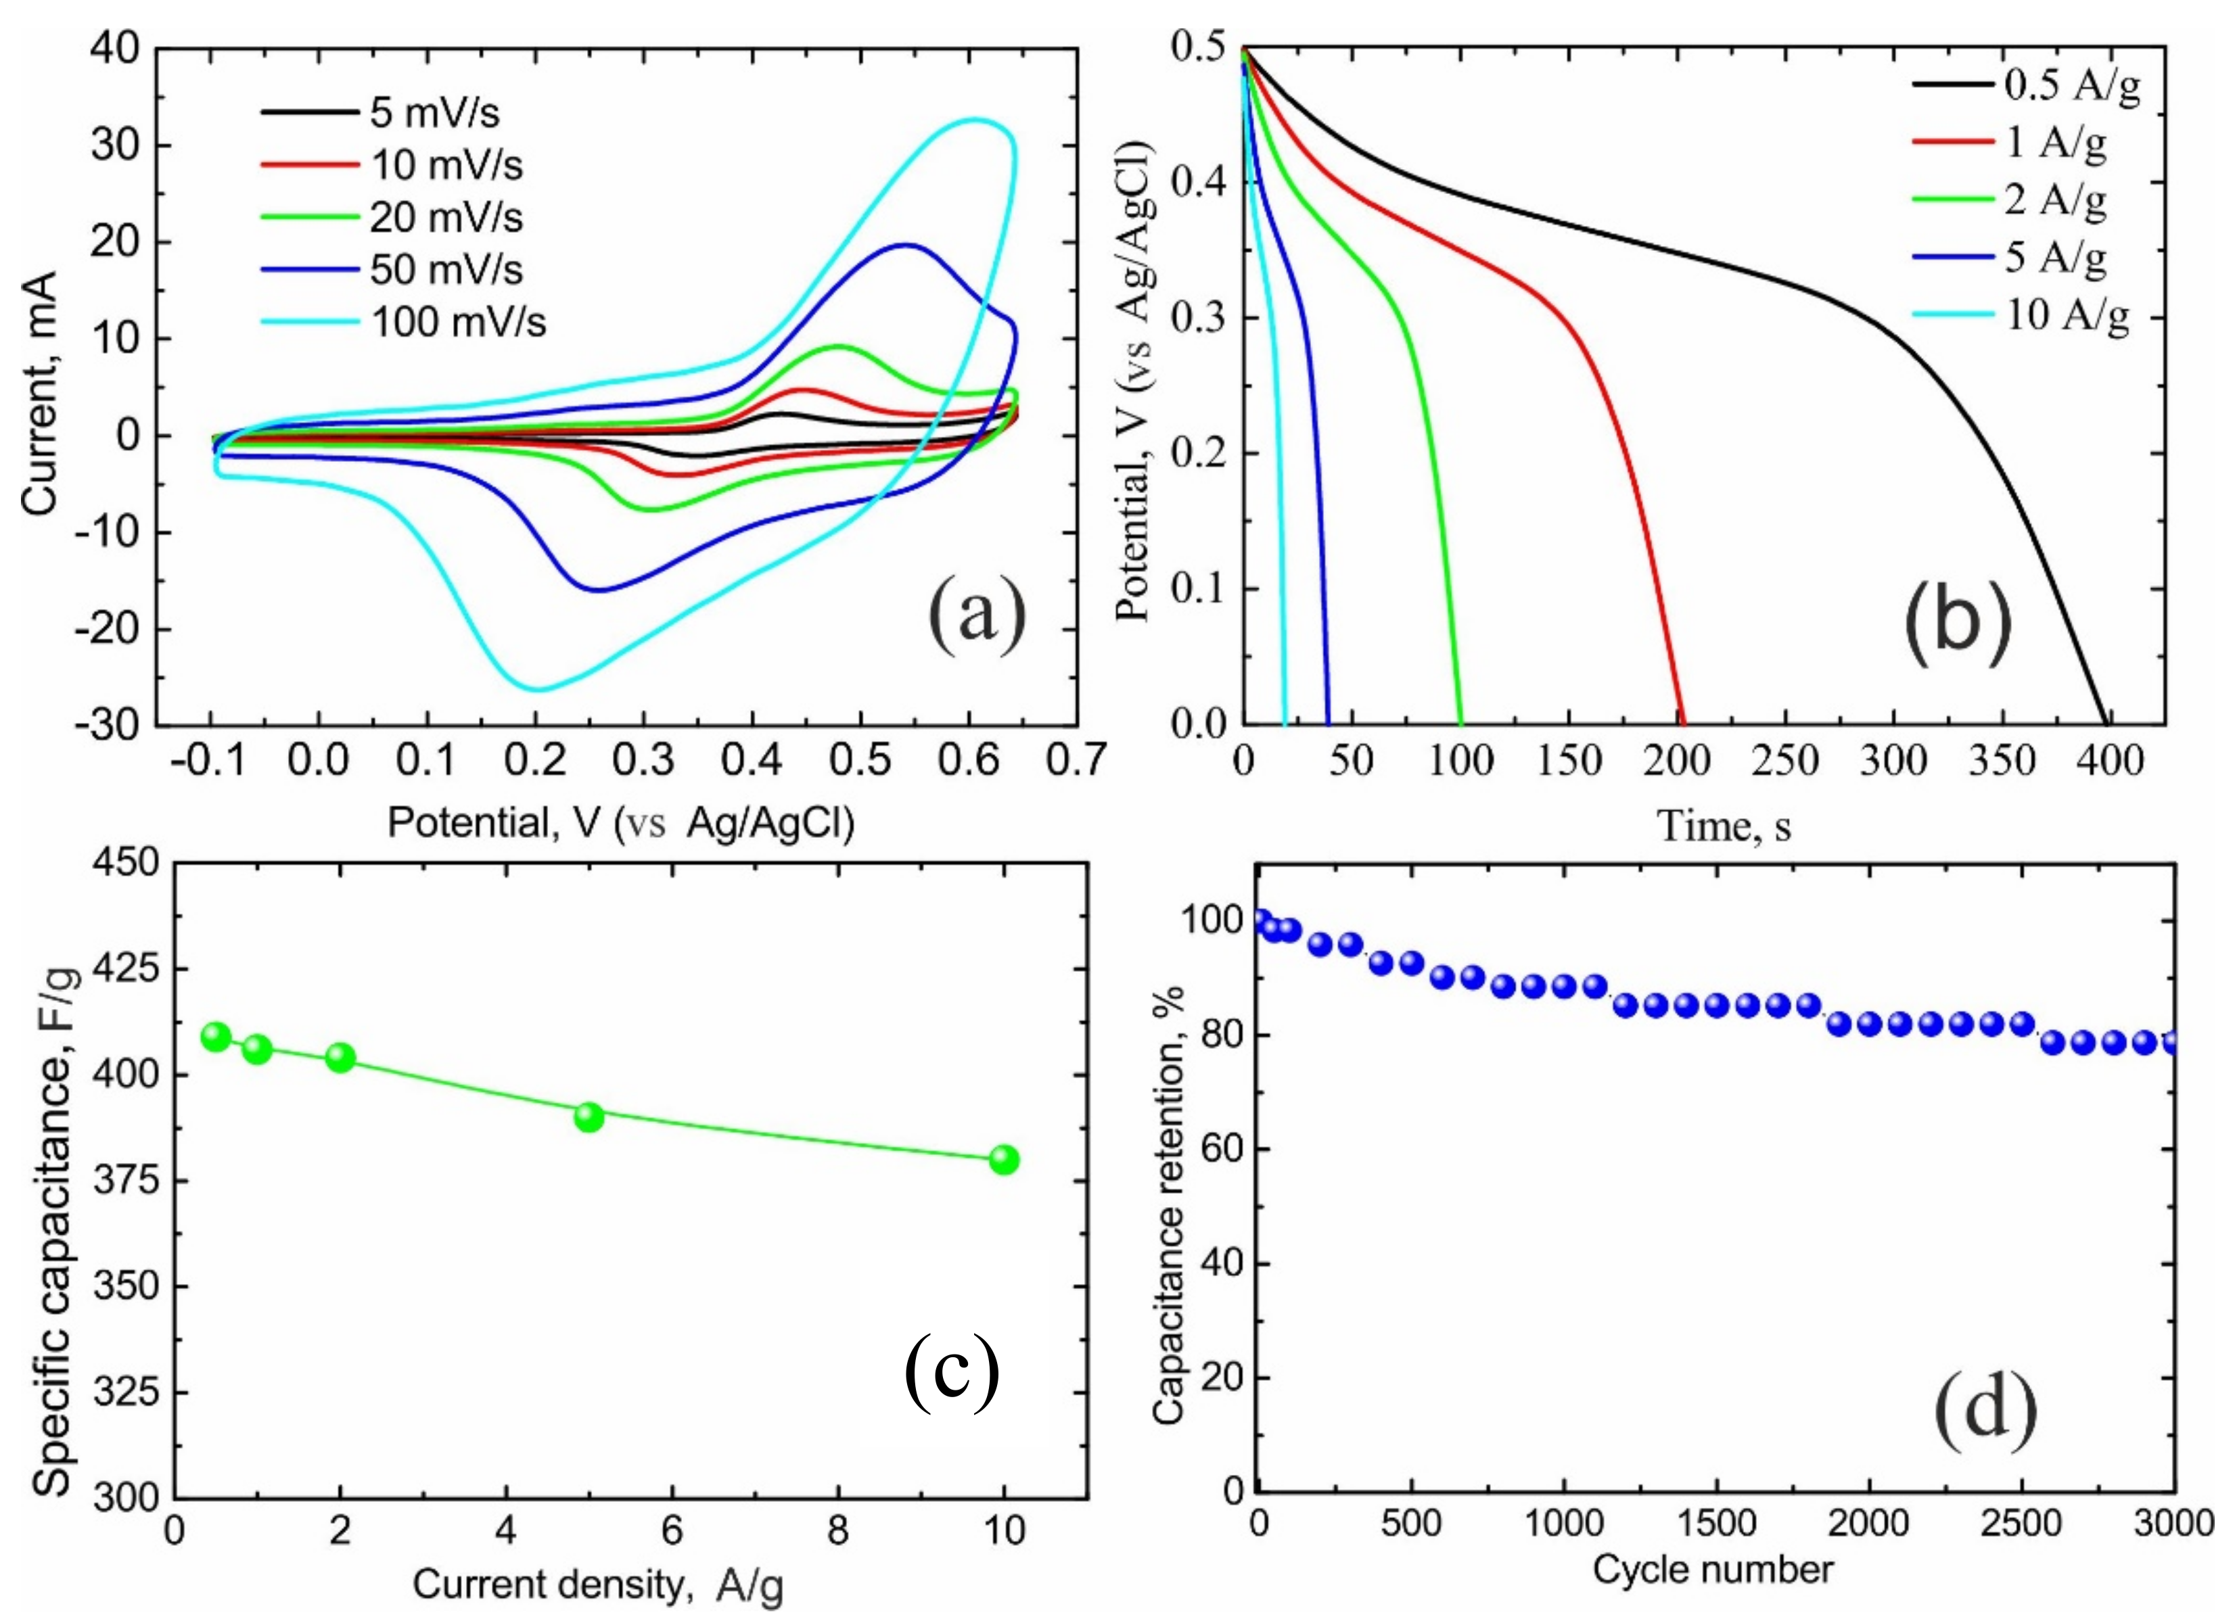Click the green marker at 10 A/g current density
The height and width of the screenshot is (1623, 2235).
point(1004,1160)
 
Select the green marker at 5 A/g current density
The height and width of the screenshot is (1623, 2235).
point(589,1116)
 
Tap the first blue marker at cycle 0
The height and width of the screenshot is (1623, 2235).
point(1258,920)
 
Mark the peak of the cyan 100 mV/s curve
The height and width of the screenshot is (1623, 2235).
point(973,120)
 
